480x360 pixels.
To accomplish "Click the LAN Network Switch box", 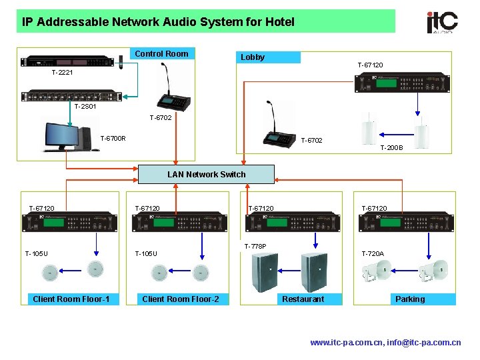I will pos(206,175).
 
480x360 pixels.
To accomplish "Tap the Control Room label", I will pos(161,53).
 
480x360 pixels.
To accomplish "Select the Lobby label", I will pos(253,57).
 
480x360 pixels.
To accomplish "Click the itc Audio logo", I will pos(442,21).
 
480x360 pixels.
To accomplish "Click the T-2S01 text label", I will pos(85,106).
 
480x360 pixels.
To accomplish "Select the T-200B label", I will pos(391,148).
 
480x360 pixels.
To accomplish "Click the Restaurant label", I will pos(303,299).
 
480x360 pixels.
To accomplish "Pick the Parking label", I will pos(409,299).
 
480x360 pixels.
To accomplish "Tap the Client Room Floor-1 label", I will pos(71,299).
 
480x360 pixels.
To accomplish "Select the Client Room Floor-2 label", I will pos(181,299).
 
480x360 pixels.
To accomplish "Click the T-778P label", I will pos(255,247).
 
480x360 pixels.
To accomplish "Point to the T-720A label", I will pos(373,253).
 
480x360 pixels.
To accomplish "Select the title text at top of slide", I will pos(158,22).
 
